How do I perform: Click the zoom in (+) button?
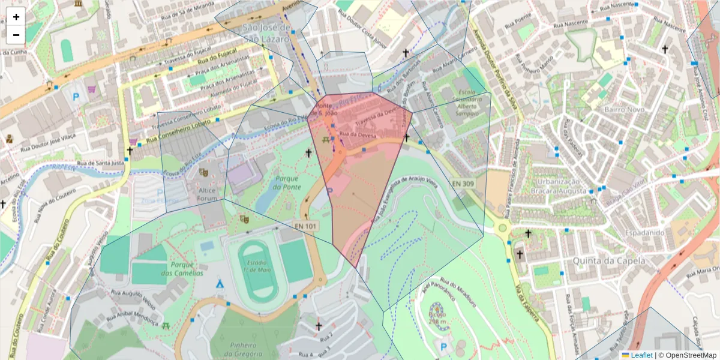pos(16,17)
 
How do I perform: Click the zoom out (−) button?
pos(16,35)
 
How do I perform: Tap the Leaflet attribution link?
pos(641,355)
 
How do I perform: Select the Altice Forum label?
pos(206,194)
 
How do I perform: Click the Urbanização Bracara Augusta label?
pos(558,187)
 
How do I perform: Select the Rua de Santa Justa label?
pos(100,163)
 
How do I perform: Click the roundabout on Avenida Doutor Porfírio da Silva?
pos(503,228)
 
